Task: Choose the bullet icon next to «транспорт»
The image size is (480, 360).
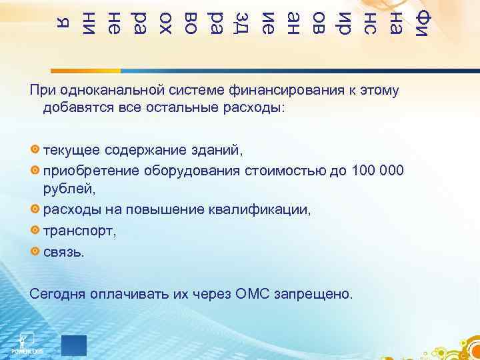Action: [35, 230]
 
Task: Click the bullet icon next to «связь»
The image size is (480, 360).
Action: [35, 251]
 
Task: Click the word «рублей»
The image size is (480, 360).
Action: [64, 189]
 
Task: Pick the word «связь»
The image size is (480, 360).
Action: [64, 252]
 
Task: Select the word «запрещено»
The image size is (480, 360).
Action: [317, 294]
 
